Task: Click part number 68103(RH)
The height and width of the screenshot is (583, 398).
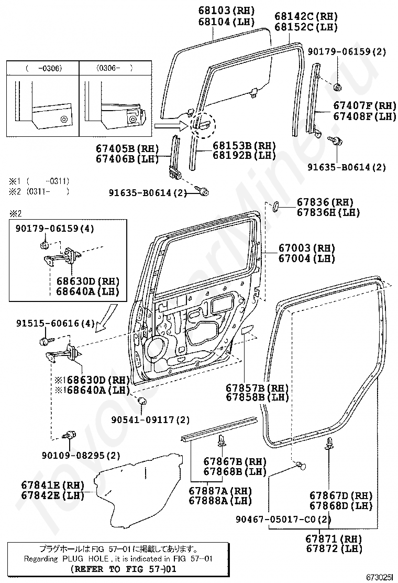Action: pos(226,10)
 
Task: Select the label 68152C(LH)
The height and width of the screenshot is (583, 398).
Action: pos(306,27)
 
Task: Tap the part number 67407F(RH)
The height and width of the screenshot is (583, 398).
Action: pos(365,105)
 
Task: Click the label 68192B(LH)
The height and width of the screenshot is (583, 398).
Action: pos(245,155)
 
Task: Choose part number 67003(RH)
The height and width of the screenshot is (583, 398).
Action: pos(306,247)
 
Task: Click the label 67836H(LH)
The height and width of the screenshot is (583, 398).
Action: pos(328,212)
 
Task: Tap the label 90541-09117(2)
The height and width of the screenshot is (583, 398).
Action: pos(151,420)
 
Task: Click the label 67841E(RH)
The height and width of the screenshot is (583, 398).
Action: pos(53,484)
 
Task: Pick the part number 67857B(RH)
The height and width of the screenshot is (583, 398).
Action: pos(257,387)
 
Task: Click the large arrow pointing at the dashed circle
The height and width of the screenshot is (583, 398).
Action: pos(169,126)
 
